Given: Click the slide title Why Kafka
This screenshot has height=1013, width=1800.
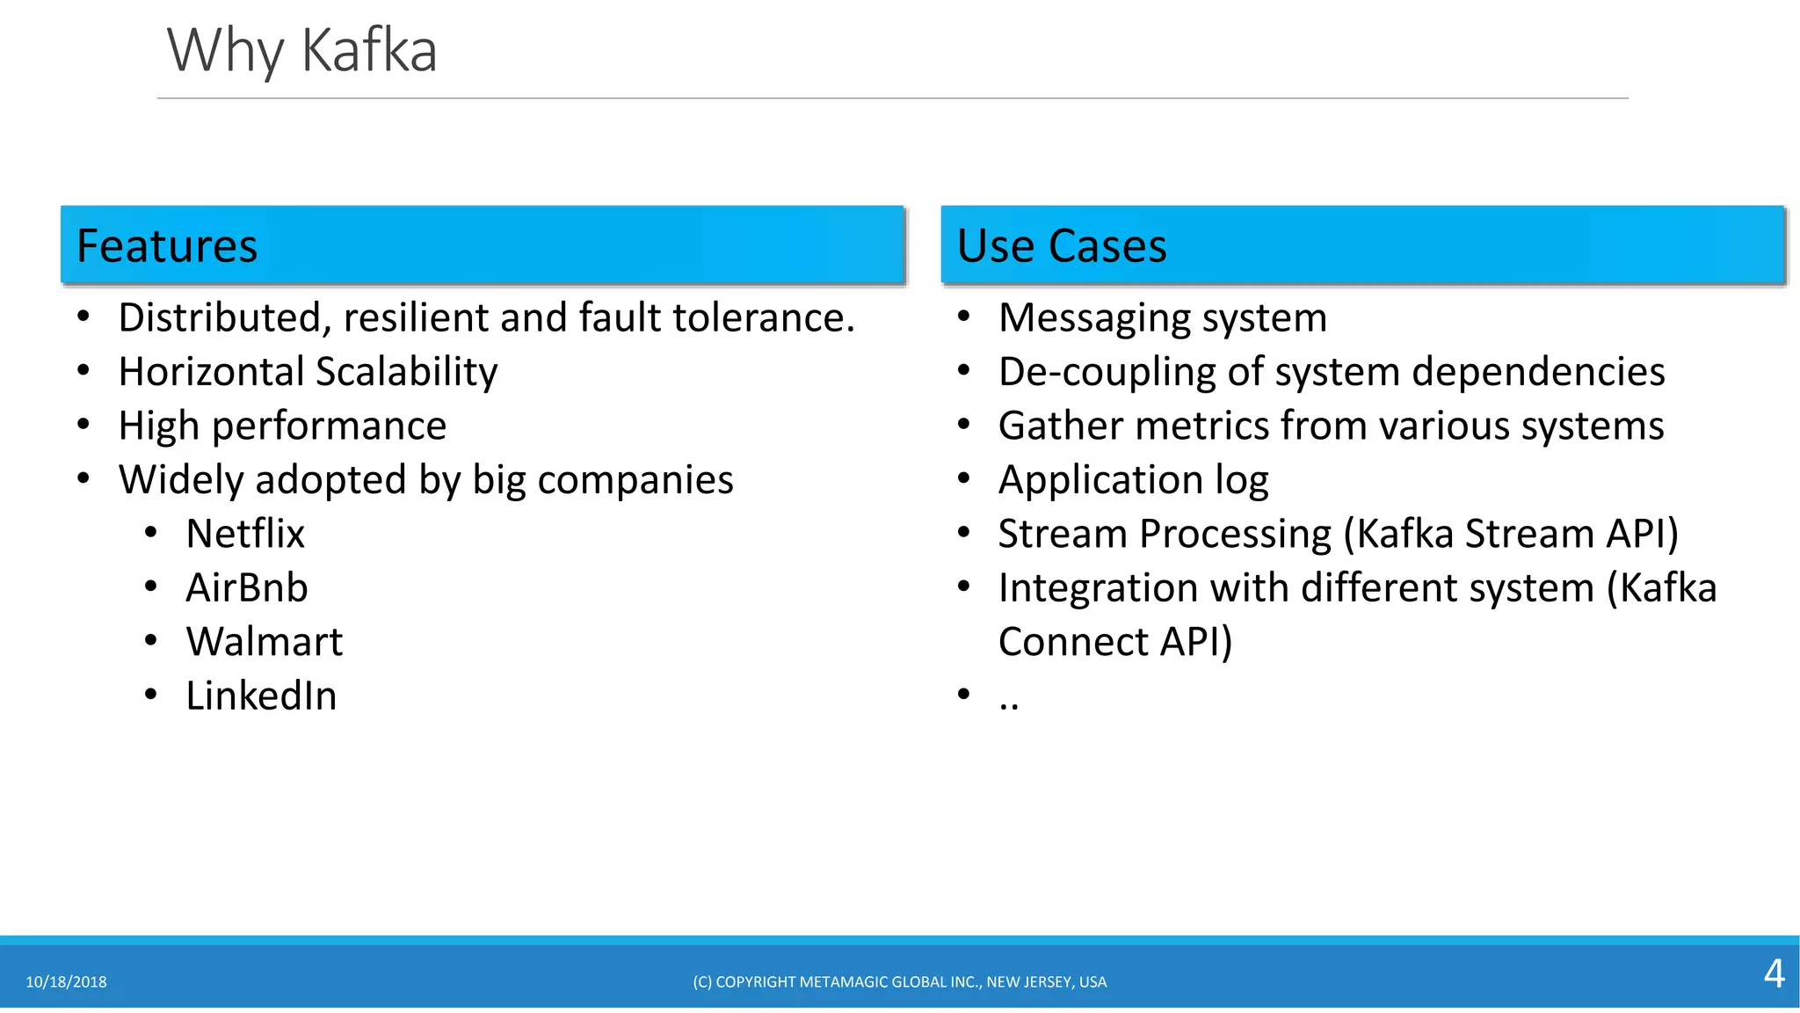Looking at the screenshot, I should coord(301,51).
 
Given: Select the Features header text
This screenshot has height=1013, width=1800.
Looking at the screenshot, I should coord(167,246).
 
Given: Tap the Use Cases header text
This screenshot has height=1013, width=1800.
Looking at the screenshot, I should coord(1061,246).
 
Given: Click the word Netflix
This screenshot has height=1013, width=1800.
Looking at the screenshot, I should coord(245,534).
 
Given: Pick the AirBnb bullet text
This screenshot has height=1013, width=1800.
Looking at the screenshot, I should coord(247,588).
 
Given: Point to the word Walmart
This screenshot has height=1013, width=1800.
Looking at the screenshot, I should coord(264,642).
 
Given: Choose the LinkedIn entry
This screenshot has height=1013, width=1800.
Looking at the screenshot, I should coord(261,696).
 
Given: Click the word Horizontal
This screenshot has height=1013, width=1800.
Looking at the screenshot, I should coord(210,372).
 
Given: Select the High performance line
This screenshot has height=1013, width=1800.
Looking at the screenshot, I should coord(282,426).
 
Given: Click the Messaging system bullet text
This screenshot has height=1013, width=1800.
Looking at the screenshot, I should coord(1162,318).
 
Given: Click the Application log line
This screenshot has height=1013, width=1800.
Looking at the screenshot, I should coord(1133,480).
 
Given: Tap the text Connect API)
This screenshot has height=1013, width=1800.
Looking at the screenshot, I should coord(1114,642).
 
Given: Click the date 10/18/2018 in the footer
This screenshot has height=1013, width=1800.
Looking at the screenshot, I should coord(66,982).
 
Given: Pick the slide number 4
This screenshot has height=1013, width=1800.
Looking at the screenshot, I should coord(1774,974).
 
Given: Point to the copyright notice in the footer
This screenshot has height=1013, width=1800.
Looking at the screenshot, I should coord(899,982).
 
